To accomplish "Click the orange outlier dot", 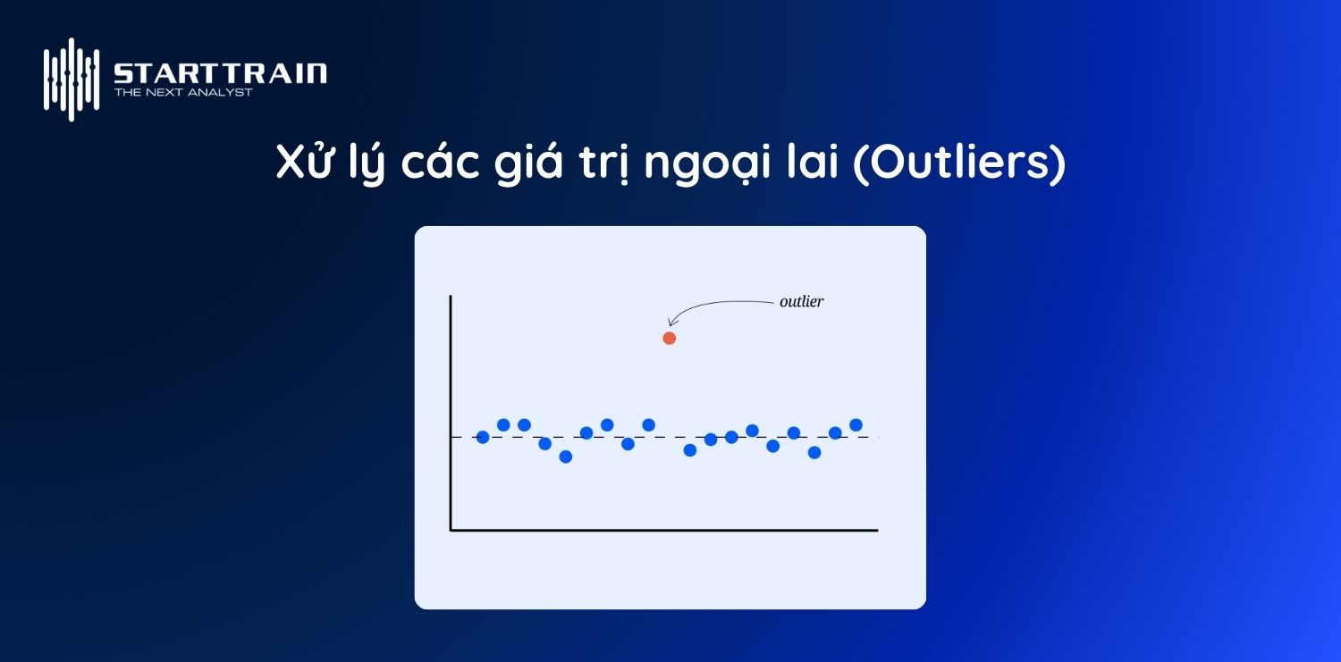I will coord(669,338).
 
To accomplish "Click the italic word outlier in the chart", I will coord(801,302).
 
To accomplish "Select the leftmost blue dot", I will coord(483,437).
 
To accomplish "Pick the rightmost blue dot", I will coord(856,424).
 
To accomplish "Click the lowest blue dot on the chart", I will coord(565,457).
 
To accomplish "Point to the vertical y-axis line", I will coord(451,411).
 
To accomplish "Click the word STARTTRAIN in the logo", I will coord(220,73).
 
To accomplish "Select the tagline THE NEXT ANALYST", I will coord(183,92).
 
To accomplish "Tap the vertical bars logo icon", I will coord(71,79).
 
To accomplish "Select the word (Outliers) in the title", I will coord(959,164).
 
